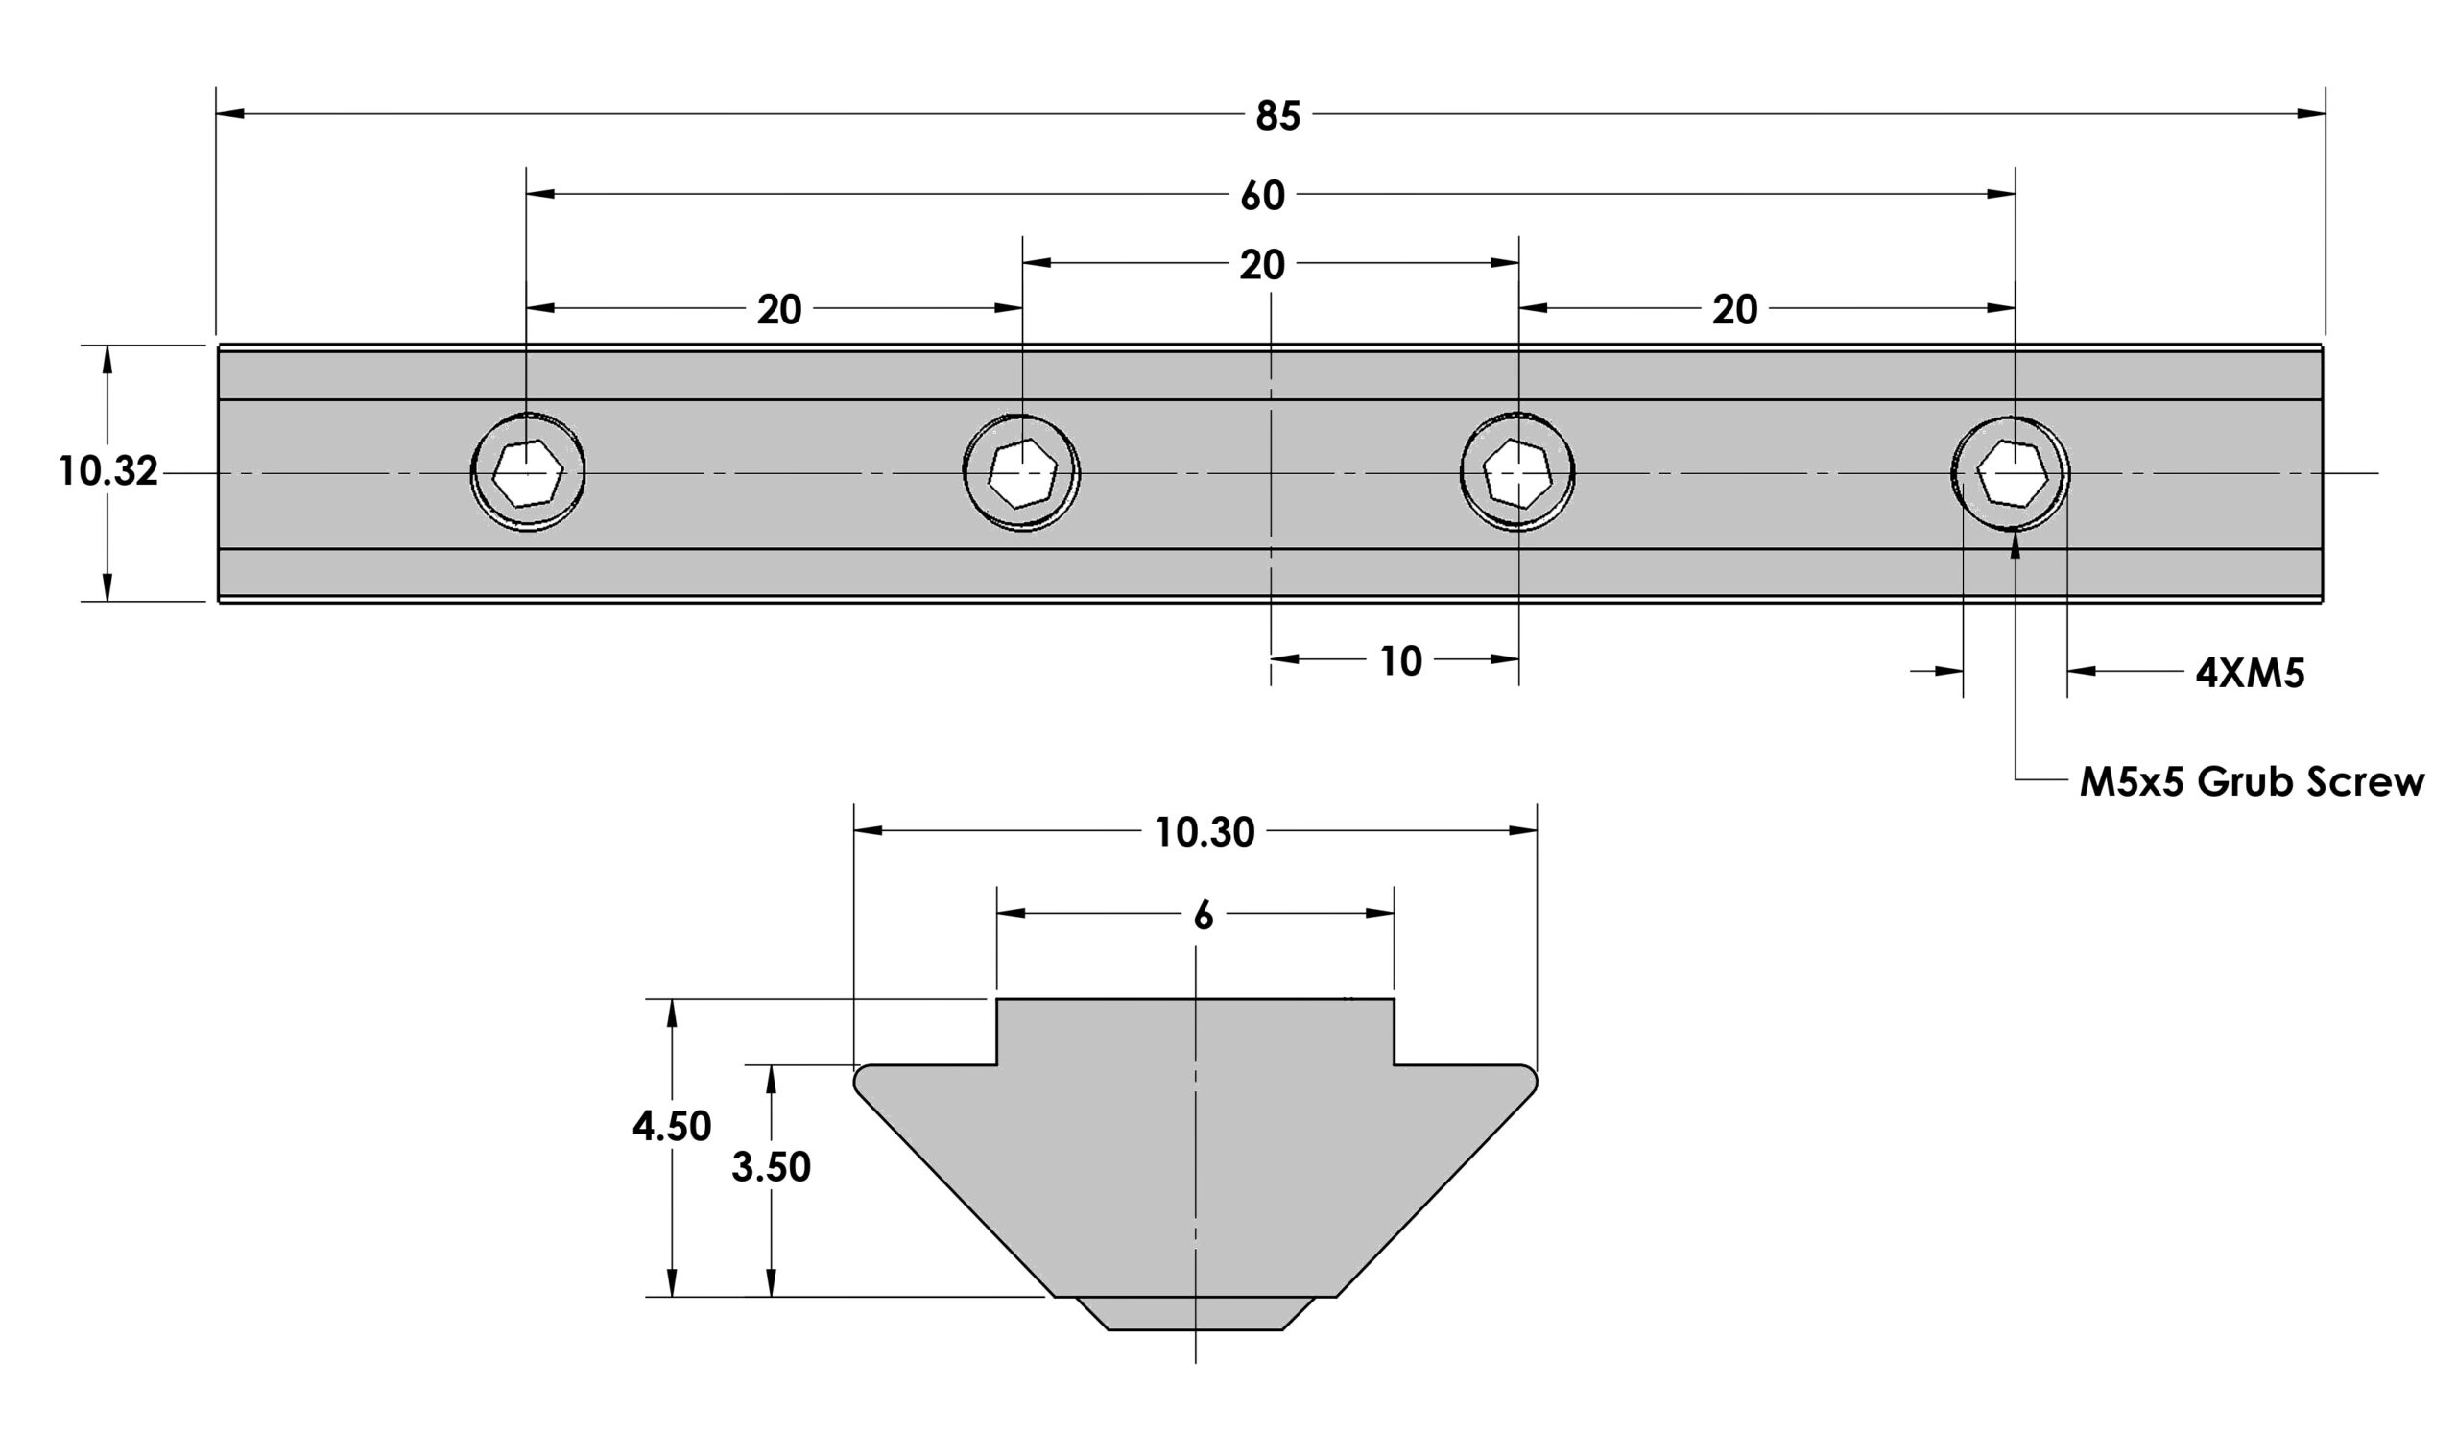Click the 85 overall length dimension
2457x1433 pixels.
1277,116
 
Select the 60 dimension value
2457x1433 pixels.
1263,196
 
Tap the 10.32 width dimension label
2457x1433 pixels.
108,472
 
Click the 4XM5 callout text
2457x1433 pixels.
2250,673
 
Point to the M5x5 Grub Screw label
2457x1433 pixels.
2252,782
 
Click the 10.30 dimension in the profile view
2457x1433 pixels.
1205,832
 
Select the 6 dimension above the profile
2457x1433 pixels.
1204,916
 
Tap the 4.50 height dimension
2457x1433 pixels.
672,1127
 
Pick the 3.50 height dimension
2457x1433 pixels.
772,1167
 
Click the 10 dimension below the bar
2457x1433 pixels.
1401,662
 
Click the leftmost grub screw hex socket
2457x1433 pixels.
528,473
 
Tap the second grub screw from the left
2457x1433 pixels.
1022,473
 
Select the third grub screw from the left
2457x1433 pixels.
1517,473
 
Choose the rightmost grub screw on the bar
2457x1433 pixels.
2013,473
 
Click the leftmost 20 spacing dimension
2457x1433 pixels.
779,310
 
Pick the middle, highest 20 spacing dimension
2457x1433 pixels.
1263,265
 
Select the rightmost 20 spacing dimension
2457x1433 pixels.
1734,310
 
